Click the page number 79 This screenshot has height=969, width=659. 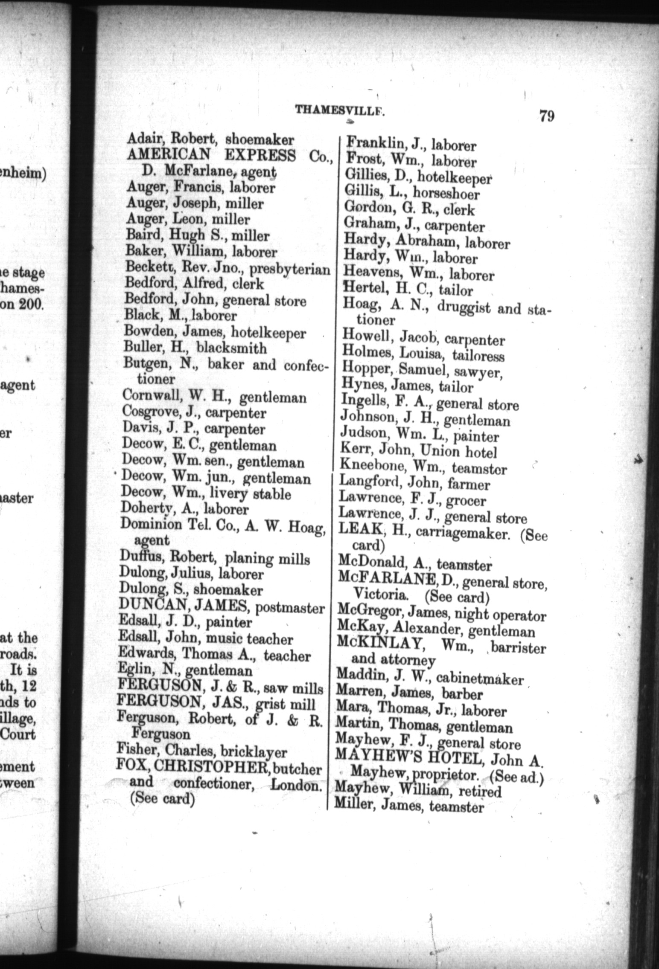pos(546,116)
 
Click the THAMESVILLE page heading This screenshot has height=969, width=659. pos(340,110)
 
